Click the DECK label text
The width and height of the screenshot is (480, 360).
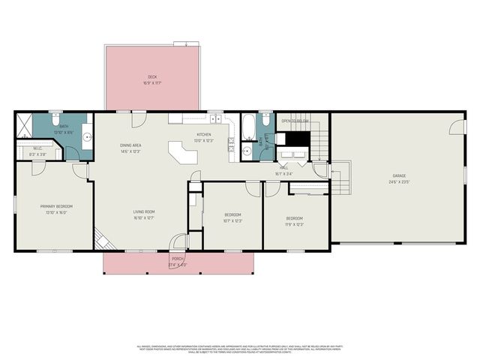(152, 76)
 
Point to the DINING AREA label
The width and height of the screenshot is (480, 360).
(130, 145)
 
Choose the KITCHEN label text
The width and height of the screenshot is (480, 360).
(204, 134)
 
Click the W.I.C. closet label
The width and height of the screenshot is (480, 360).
(37, 148)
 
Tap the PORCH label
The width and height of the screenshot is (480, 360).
(176, 259)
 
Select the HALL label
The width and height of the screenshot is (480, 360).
(284, 168)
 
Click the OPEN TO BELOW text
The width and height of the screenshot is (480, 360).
(295, 121)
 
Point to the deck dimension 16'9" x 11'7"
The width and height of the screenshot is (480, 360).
(152, 82)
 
